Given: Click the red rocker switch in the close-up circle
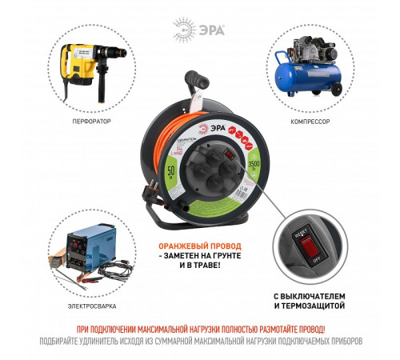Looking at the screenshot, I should coord(308,251).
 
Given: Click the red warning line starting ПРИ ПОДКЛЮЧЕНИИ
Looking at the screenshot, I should coord(200,329).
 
